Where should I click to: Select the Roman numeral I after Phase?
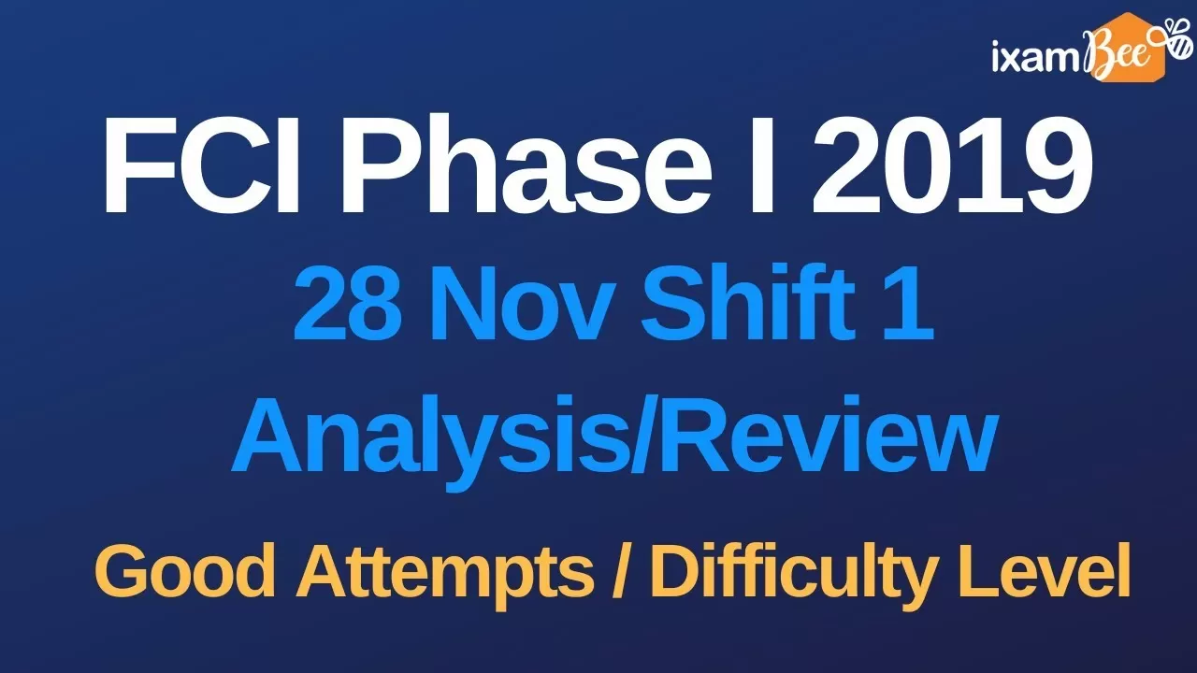(761, 165)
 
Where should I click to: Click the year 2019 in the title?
(951, 165)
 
